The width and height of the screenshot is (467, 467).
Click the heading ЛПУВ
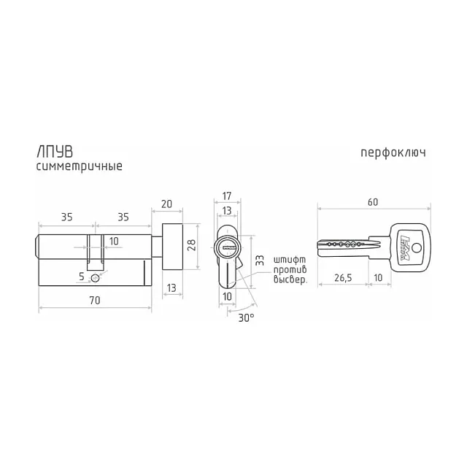[55, 152]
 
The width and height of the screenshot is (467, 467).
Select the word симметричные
[80, 166]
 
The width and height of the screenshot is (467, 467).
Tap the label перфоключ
[393, 153]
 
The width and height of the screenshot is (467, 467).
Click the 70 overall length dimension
[95, 300]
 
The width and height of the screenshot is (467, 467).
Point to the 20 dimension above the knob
[166, 204]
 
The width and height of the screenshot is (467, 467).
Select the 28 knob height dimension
[192, 245]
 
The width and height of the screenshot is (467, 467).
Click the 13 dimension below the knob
[171, 288]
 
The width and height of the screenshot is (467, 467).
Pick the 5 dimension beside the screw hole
[82, 277]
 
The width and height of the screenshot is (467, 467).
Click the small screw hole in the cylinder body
[95, 279]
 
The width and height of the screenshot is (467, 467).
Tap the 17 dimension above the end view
[227, 196]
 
